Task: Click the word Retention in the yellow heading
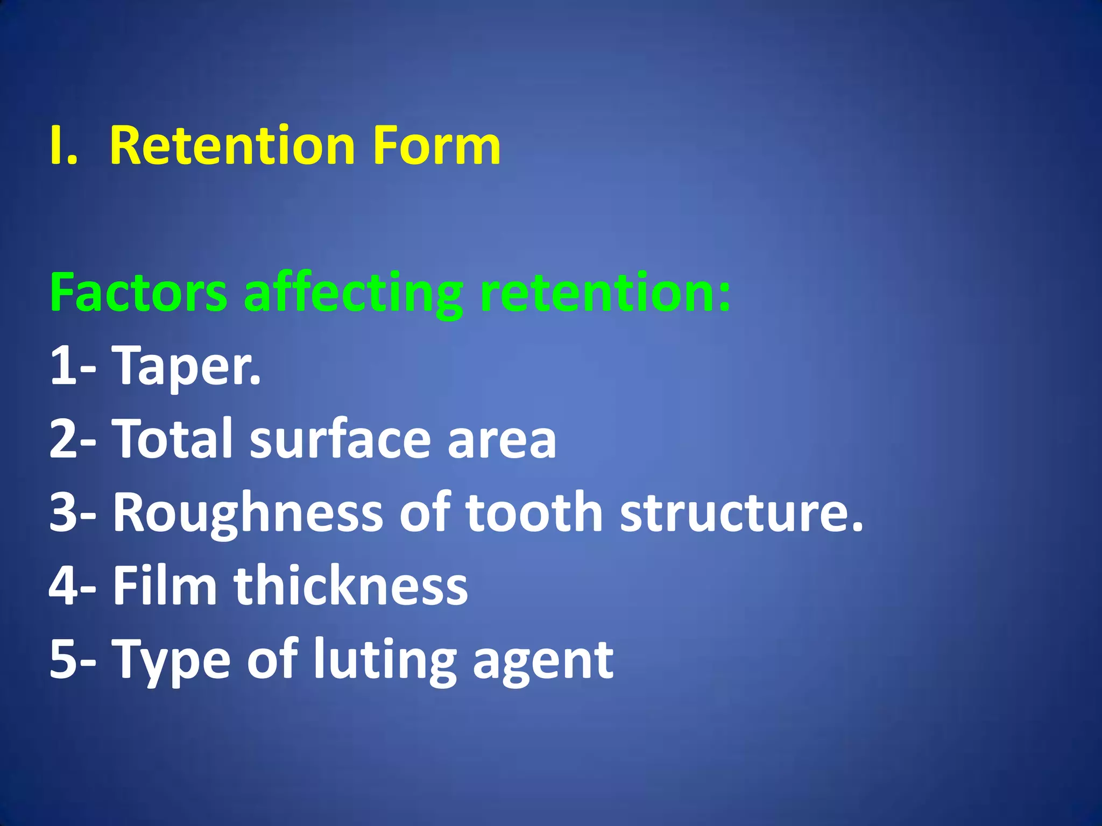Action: click(x=232, y=146)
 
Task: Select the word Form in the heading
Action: click(x=436, y=146)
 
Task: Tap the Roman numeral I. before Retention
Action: click(x=63, y=146)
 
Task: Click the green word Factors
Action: click(x=138, y=293)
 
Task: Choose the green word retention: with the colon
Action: click(x=605, y=293)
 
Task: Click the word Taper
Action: click(x=186, y=366)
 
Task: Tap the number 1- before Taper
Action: click(x=73, y=366)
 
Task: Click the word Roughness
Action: click(x=248, y=513)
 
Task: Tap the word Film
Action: click(x=165, y=586)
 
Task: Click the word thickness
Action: click(x=350, y=586)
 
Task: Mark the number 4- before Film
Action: click(x=73, y=586)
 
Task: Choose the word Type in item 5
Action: click(x=172, y=660)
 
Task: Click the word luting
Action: click(x=385, y=660)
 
